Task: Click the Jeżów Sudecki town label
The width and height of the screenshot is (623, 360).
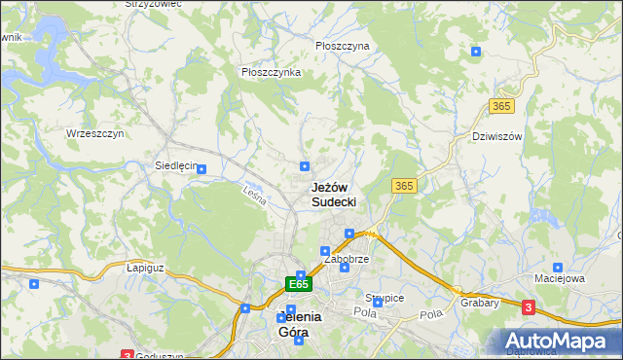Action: pos(333,194)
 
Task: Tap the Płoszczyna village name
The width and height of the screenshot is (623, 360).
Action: pos(343,46)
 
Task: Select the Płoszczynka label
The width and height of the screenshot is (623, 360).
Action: pos(270,71)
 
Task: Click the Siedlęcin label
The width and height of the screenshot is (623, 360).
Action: pos(175,165)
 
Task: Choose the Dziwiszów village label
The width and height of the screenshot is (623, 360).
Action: pos(496,136)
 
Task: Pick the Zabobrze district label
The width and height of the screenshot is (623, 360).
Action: pos(346,261)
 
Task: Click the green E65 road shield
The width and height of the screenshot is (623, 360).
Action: pos(299,284)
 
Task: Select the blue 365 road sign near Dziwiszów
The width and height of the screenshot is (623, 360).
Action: pos(502,106)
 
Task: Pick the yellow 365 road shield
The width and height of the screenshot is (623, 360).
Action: pos(405,185)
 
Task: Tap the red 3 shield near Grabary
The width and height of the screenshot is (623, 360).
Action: pos(529,307)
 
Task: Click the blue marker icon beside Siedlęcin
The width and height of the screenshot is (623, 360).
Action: pos(202,169)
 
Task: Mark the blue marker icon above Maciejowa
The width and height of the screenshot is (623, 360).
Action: pos(557,267)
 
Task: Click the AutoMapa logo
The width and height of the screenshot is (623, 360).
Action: pos(560,342)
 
